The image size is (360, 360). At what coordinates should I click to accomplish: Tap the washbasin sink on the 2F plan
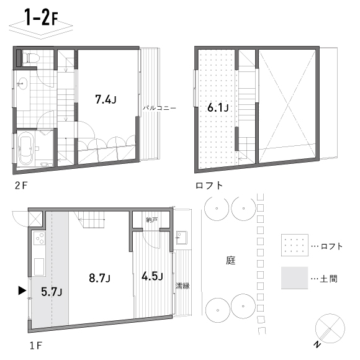click(22, 83)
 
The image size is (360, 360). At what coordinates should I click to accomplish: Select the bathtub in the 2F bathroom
click(27, 149)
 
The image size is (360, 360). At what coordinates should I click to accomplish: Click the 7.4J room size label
click(106, 100)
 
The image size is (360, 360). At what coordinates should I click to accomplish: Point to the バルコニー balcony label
click(160, 107)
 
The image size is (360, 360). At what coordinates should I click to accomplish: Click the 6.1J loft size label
click(218, 107)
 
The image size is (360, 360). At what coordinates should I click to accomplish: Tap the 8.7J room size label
click(100, 278)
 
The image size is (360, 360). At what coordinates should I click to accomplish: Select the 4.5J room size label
click(152, 276)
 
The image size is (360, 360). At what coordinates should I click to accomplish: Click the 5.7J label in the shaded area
click(52, 292)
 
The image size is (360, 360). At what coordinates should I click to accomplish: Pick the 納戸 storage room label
click(152, 220)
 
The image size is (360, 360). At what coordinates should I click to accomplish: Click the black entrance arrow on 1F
click(22, 290)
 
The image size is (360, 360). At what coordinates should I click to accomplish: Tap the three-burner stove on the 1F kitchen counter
click(40, 238)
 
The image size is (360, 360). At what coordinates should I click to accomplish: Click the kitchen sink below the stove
click(39, 266)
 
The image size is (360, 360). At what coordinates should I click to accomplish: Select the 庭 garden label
click(231, 261)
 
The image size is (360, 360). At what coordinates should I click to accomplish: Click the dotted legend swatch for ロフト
click(295, 245)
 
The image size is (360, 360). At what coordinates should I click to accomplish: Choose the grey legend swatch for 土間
click(295, 278)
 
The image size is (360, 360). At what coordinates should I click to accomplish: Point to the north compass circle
click(330, 328)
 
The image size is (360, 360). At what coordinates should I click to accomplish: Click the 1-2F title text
click(42, 17)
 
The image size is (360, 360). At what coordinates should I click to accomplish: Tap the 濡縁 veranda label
click(182, 286)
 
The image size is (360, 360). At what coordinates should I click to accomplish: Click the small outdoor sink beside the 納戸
click(182, 238)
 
